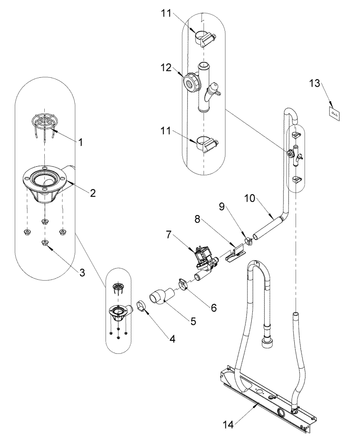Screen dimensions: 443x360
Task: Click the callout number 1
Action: pyautogui.click(x=80, y=143)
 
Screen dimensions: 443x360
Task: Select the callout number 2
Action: pyautogui.click(x=92, y=193)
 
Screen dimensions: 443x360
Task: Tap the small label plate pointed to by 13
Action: pyautogui.click(x=334, y=113)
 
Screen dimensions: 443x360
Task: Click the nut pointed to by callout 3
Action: pyautogui.click(x=45, y=242)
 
